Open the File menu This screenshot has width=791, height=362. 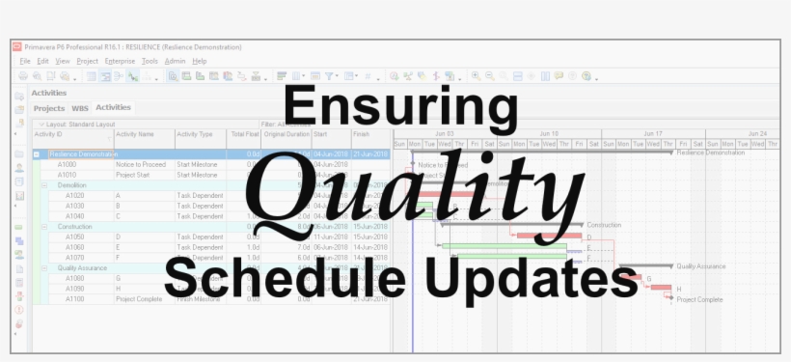25,61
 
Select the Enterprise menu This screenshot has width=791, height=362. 120,61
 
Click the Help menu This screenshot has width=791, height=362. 200,61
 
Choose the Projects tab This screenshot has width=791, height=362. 49,108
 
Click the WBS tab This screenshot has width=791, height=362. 80,108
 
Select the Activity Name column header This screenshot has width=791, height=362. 134,134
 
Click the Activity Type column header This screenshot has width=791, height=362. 195,134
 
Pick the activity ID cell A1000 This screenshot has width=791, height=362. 67,165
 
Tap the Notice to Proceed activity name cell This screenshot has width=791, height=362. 141,165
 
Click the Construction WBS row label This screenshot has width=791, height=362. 75,227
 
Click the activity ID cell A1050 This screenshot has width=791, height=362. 74,237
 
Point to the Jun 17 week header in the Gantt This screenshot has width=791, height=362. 652,133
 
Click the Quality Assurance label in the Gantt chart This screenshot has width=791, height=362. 700,265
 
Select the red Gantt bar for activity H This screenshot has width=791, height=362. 662,288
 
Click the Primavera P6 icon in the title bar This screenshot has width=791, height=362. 16,46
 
